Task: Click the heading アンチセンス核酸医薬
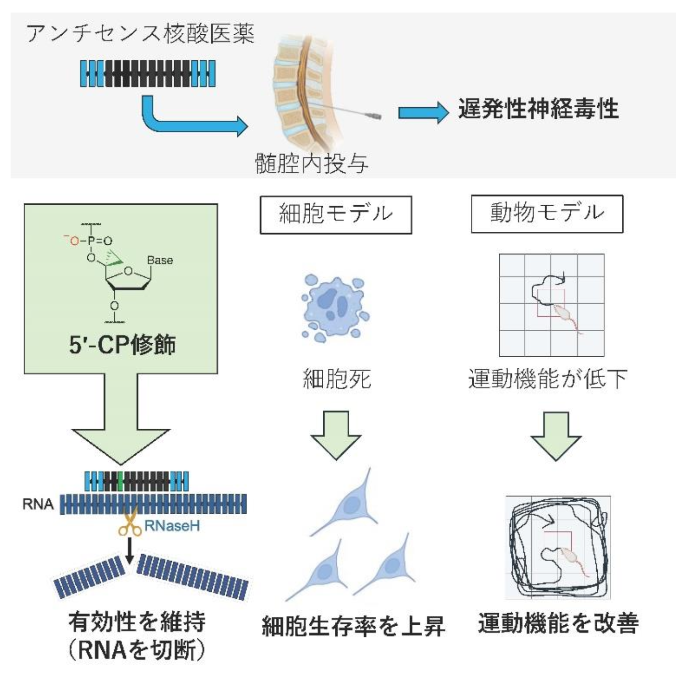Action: [x=140, y=34]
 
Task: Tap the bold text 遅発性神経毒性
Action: [x=538, y=109]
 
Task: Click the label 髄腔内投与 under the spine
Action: [x=311, y=163]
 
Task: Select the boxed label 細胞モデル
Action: [x=336, y=214]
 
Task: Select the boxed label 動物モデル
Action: [x=547, y=213]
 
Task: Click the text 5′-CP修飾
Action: [x=122, y=345]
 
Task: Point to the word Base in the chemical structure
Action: [x=160, y=260]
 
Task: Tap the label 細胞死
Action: [x=336, y=379]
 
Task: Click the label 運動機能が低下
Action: [x=547, y=379]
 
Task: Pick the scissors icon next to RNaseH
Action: [x=129, y=524]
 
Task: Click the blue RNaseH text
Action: [x=172, y=526]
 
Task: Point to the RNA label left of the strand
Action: [x=38, y=505]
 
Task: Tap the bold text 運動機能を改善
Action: [x=558, y=623]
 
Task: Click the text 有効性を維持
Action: [x=137, y=622]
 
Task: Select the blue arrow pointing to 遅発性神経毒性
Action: [x=423, y=112]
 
